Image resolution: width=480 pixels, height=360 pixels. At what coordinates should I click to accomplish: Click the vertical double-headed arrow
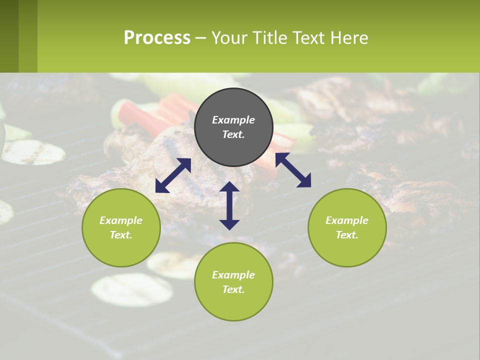pos(229,205)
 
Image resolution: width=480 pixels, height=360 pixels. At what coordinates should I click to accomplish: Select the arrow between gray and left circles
pos(173,175)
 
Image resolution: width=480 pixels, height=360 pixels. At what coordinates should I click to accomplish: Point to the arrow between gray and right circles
pos(293,170)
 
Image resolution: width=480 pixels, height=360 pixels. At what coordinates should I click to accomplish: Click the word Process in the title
pos(157,38)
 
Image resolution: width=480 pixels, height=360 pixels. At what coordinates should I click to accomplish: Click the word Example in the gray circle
pos(233,120)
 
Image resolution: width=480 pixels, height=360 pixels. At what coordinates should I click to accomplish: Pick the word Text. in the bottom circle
pos(233,289)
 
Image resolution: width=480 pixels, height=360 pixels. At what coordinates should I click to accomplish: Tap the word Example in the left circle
pos(121,220)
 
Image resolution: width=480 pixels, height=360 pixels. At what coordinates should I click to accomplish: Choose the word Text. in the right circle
pos(347,235)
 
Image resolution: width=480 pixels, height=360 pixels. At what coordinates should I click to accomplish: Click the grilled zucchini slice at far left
pos(33,152)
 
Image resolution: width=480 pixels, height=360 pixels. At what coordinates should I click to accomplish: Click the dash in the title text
pos(200,38)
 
